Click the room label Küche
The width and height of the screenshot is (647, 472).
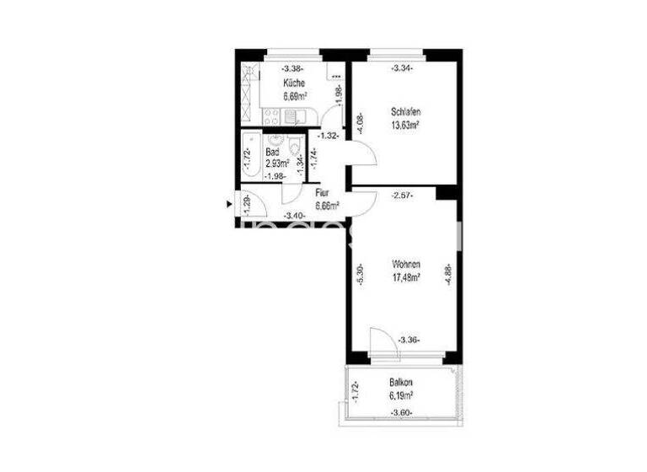294,83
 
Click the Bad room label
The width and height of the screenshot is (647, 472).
272,153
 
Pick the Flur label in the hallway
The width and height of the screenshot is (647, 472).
322,192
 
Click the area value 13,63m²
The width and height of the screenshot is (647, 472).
406,125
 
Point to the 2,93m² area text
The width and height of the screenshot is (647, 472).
277,164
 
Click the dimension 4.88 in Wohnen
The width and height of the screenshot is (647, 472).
448,275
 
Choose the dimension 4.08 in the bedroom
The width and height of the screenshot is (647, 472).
360,125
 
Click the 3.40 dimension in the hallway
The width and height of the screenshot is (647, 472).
294,216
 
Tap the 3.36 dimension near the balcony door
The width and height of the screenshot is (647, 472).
409,341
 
